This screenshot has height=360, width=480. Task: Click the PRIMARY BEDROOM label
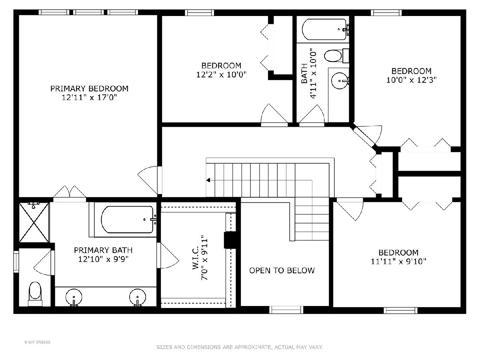pos(89,88)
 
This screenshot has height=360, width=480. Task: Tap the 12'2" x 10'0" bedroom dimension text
pos(221,75)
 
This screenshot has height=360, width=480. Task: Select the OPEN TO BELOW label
pos(282,270)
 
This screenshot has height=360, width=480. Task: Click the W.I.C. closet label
pos(195,257)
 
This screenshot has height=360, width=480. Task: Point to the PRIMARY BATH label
pos(103,250)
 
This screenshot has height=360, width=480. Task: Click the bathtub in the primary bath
pos(127,220)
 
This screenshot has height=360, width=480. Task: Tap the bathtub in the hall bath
pos(324,29)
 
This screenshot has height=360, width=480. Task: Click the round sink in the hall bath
pos(340,81)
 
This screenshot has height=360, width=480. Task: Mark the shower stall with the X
pos(34,222)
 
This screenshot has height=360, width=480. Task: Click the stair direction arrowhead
pos(208,180)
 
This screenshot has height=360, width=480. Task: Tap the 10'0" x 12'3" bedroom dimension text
pos(411,80)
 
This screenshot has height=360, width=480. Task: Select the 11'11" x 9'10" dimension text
pos(399,262)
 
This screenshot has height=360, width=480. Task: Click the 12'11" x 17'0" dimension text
pos(89,97)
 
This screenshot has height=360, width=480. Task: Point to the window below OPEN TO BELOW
pos(286,310)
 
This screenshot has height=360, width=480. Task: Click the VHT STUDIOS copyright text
pos(37,342)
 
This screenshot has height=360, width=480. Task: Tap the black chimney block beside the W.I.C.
pos(230,240)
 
